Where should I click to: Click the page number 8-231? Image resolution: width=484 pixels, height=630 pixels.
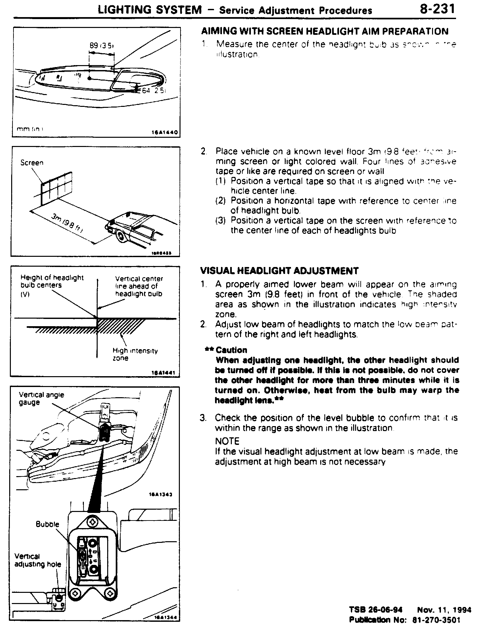tap(437, 9)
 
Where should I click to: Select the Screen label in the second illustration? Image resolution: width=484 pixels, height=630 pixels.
tap(32, 162)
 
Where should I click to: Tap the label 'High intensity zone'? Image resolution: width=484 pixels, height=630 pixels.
tap(135, 354)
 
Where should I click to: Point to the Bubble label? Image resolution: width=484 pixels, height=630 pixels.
tap(47, 524)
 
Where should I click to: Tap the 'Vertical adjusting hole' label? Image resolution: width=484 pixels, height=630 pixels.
tap(37, 560)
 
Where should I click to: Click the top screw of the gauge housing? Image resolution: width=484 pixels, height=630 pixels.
tap(93, 521)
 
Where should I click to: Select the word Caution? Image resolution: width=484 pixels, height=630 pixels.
tap(231, 350)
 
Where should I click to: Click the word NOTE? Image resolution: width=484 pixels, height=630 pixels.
tap(227, 441)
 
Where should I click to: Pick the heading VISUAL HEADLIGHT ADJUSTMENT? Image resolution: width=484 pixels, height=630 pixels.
tap(279, 271)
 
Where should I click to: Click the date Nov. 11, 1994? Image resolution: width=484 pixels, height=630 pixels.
tap(444, 610)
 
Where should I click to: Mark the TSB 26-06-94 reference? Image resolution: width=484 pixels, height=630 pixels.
tap(375, 610)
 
